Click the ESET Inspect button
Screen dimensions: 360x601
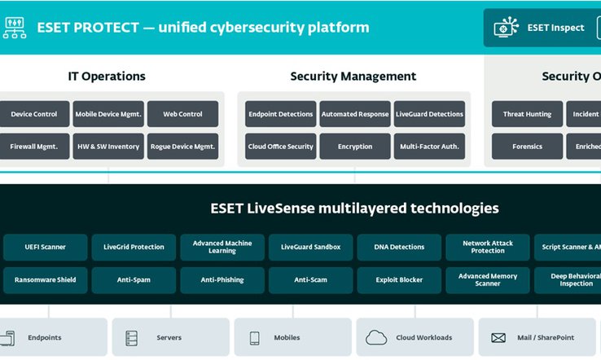[x=543, y=28]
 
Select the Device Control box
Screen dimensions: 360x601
[x=33, y=114]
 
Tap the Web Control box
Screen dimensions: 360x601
[x=182, y=114]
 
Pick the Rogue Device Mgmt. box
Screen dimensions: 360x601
[x=182, y=147]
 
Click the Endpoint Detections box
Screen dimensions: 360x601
[x=279, y=114]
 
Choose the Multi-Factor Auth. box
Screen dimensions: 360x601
[x=429, y=147]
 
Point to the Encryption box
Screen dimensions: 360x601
[x=354, y=147]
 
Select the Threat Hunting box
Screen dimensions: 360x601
[x=527, y=114]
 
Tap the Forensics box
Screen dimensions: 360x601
[x=527, y=147]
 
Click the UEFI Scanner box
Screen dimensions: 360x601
[x=45, y=247]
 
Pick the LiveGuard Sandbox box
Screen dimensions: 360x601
[x=310, y=247]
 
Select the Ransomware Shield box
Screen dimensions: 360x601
[x=45, y=279]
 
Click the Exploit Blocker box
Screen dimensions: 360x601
[x=399, y=279]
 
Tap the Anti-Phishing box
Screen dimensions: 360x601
[x=222, y=279]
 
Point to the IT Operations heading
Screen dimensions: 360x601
[x=107, y=77]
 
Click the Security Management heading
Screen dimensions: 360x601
[x=353, y=77]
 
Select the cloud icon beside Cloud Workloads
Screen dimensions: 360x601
[x=376, y=337]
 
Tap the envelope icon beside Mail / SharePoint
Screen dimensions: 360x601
[x=497, y=337]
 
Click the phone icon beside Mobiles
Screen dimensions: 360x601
[x=254, y=337]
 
